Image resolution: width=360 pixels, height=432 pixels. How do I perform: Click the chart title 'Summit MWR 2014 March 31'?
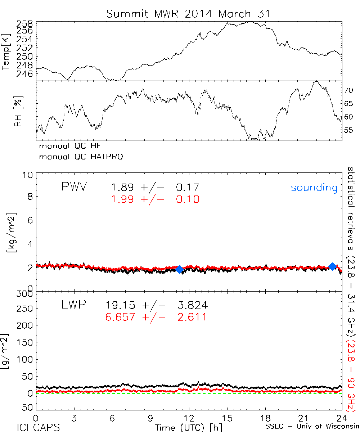click(x=188, y=14)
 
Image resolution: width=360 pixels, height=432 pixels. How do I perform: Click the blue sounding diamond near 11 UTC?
click(x=179, y=269)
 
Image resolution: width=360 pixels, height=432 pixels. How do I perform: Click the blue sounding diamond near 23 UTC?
click(x=332, y=266)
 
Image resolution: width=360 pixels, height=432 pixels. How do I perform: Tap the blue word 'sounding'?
click(x=314, y=188)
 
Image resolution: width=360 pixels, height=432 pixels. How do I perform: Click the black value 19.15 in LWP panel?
click(x=121, y=306)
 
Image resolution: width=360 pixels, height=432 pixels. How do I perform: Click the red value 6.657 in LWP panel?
click(x=121, y=317)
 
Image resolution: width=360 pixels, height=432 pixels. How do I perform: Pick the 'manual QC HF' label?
click(x=73, y=146)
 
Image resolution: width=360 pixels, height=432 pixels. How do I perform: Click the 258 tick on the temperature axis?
click(x=25, y=24)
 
